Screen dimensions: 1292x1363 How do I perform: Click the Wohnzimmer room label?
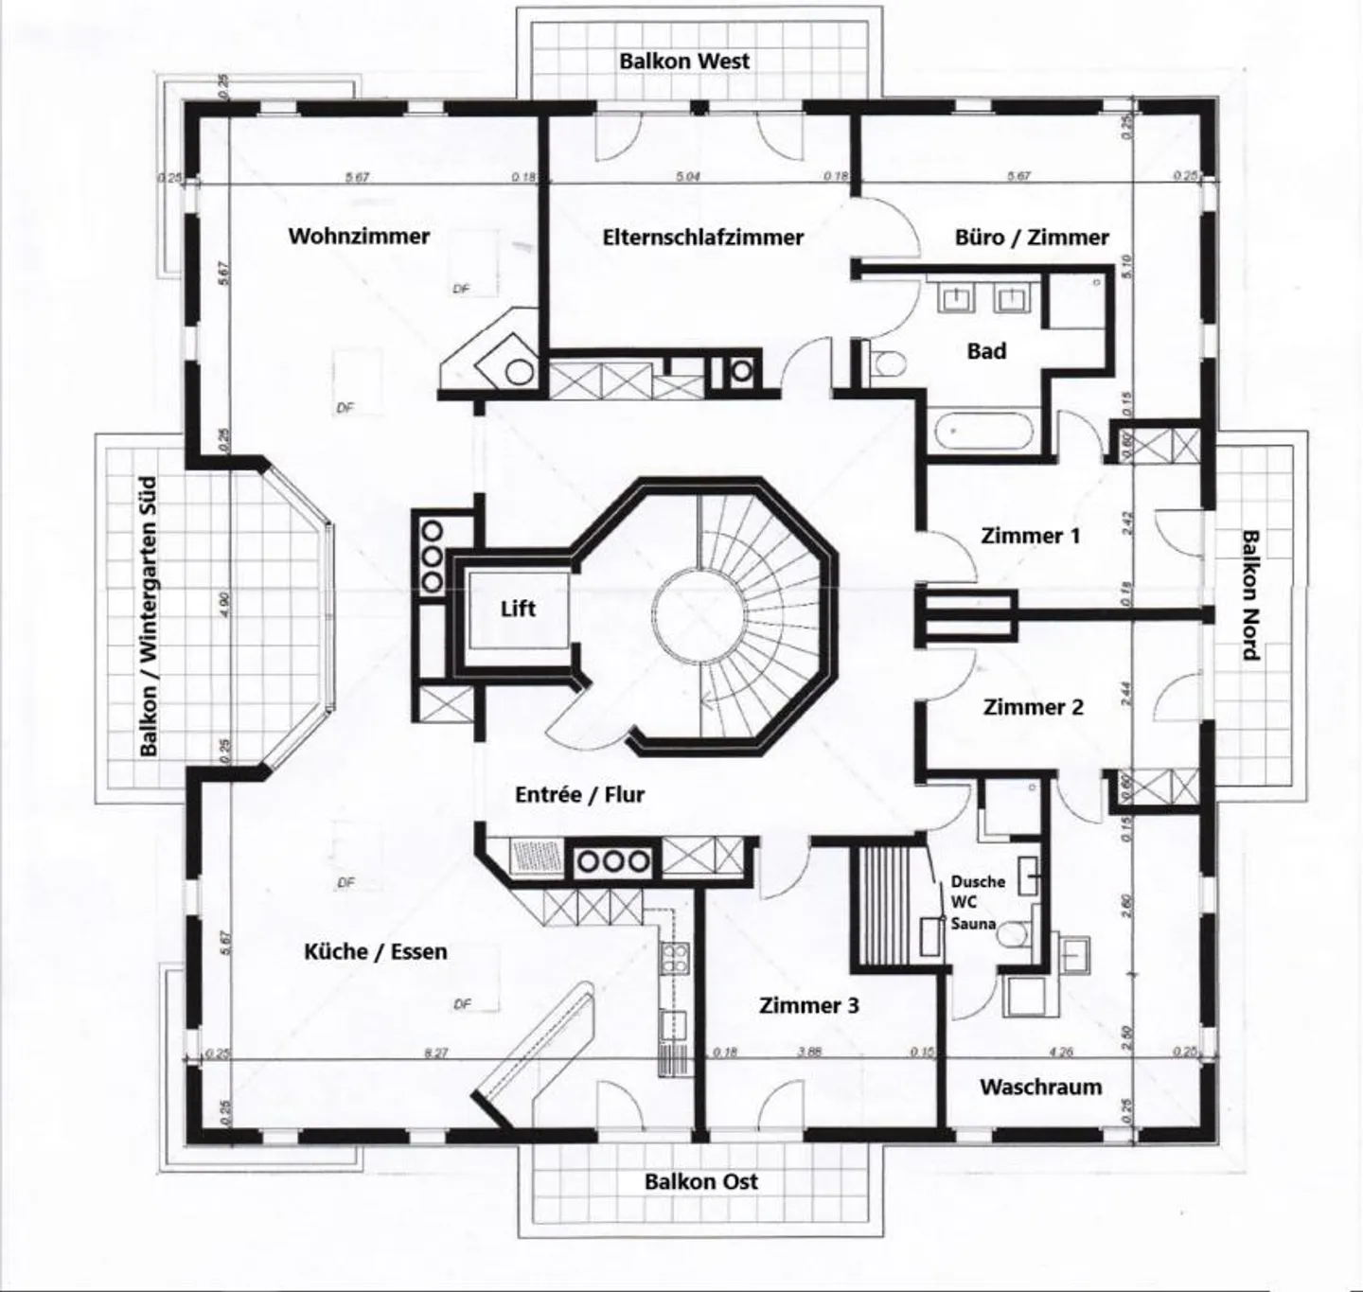point(359,236)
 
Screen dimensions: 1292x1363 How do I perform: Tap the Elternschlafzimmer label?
point(702,237)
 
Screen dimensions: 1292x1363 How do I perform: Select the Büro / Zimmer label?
point(1032,237)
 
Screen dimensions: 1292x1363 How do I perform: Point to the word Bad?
point(986,351)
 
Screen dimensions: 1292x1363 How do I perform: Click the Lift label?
point(518,609)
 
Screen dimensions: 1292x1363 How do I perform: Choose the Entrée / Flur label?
point(579,794)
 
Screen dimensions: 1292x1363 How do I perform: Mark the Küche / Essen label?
point(376,951)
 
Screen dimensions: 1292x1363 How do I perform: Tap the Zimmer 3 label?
point(809,1005)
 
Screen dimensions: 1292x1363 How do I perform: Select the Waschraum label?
point(1040,1087)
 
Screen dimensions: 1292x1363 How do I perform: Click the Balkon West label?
point(684,61)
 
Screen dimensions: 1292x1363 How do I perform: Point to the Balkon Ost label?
point(701,1181)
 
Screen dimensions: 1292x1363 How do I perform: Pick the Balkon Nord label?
point(1250,594)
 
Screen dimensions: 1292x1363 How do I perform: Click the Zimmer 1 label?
point(1030,536)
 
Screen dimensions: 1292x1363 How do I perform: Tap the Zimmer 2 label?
point(1033,707)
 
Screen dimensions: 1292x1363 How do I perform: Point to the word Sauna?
point(973,923)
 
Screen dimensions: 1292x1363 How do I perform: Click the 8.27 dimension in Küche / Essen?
point(435,1053)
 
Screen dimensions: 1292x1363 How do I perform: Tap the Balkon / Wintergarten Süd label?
point(149,616)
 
